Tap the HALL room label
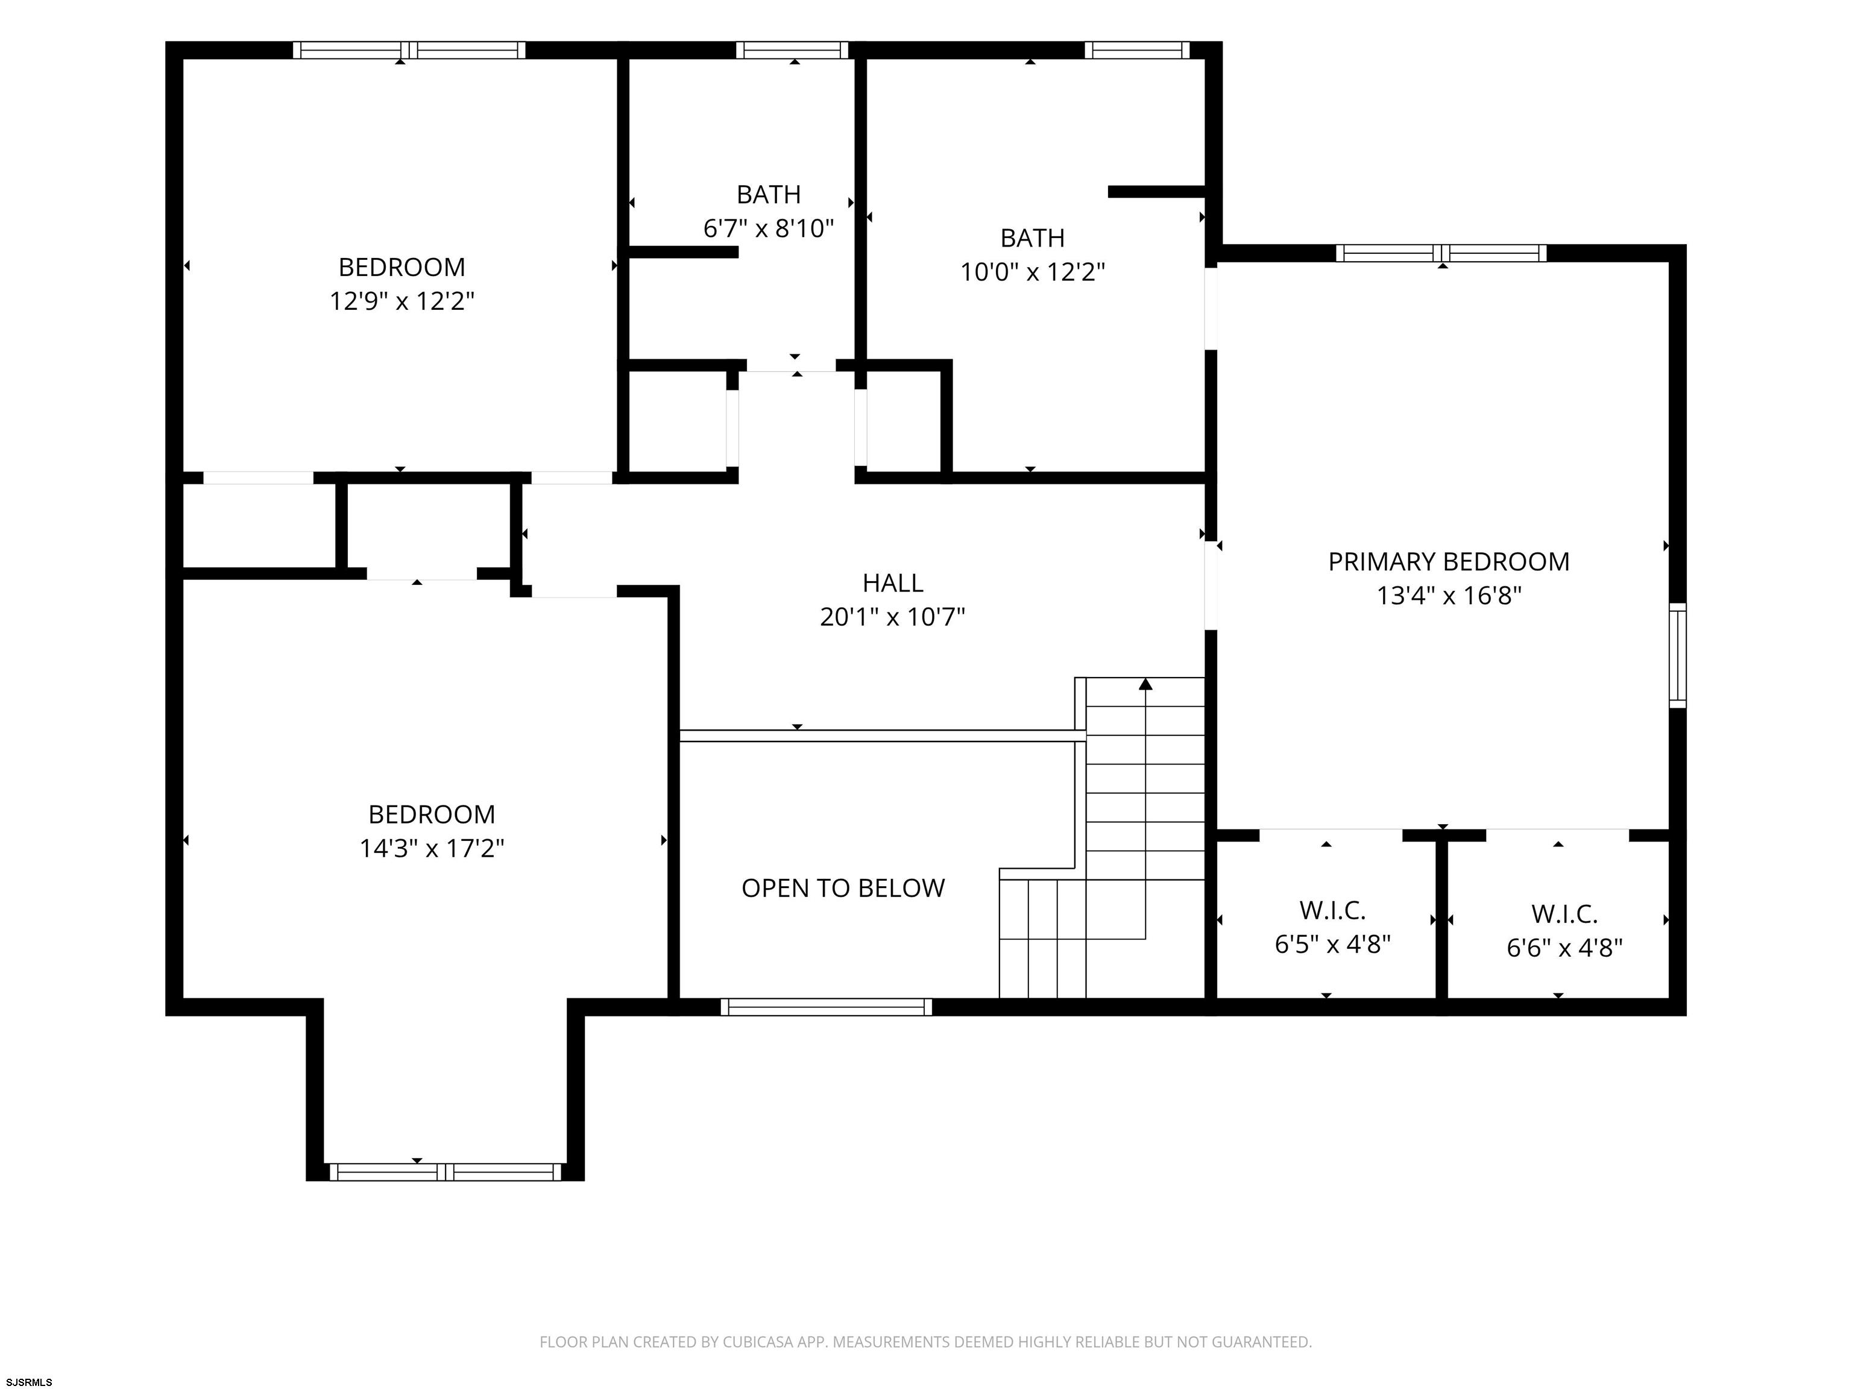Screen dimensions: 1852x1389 [892, 583]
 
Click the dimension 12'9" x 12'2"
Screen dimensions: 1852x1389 [402, 301]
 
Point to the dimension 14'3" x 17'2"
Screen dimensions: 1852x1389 [432, 848]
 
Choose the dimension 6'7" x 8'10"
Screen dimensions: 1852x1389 [769, 228]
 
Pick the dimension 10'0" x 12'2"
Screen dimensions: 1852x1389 [1032, 272]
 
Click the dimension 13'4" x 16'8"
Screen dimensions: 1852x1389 [1449, 595]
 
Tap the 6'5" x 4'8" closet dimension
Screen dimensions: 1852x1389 [1333, 943]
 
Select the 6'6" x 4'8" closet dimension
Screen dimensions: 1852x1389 [1565, 948]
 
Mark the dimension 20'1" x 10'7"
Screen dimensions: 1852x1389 [892, 617]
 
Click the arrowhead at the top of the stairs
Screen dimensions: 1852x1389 [1145, 685]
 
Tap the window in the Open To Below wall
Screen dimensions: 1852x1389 [827, 1007]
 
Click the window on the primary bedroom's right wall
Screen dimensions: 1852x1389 [1678, 655]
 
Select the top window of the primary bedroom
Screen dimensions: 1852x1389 [1441, 253]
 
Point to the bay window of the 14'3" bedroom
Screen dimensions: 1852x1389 [446, 1171]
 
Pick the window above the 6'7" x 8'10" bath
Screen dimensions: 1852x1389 [792, 50]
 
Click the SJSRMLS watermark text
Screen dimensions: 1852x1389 [30, 1382]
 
